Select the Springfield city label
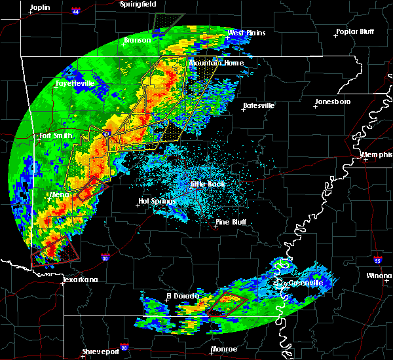pos(138,4)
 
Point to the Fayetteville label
pos(75,84)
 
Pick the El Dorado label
pos(181,296)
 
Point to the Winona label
pos(379,276)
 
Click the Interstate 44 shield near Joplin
pos(76,11)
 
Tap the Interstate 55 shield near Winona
pos(378,261)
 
